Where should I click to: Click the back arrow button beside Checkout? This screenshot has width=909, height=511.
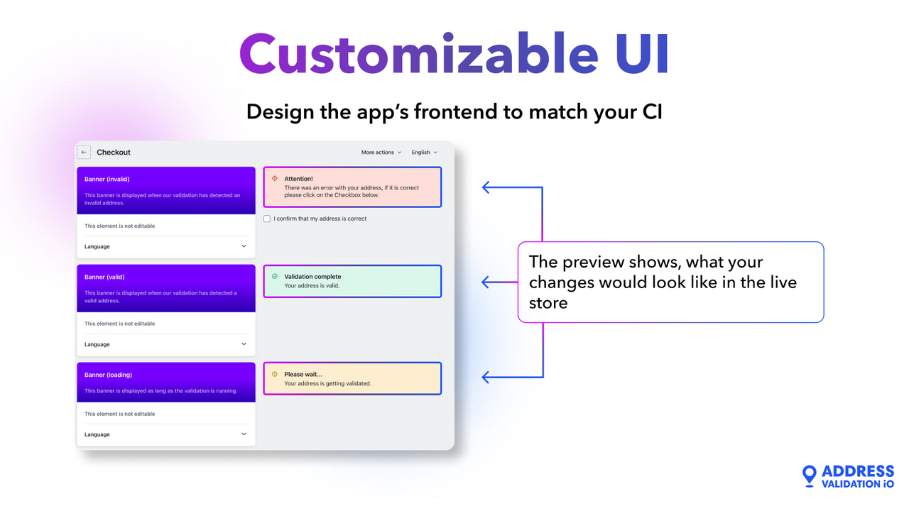click(x=84, y=152)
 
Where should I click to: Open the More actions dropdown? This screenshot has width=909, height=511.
click(x=381, y=153)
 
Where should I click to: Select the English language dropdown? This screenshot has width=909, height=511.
click(x=424, y=153)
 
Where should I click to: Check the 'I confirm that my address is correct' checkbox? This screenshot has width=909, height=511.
click(x=267, y=219)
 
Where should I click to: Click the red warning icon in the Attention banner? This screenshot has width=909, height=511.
click(x=275, y=179)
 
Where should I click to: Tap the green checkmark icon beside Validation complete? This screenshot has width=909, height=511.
click(x=275, y=277)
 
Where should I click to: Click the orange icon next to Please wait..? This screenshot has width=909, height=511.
click(x=275, y=374)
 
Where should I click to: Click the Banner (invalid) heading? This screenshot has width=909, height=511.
click(x=107, y=180)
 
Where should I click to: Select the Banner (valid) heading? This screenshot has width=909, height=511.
click(x=104, y=278)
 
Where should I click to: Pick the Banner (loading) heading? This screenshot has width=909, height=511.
click(x=108, y=375)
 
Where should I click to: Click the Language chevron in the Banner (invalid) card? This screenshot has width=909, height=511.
click(x=244, y=246)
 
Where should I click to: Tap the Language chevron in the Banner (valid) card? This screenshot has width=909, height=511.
click(x=244, y=344)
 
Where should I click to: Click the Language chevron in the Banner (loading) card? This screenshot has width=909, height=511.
click(x=244, y=434)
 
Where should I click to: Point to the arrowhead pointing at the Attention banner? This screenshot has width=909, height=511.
click(x=486, y=187)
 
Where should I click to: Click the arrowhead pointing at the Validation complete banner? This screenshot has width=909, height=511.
click(x=486, y=282)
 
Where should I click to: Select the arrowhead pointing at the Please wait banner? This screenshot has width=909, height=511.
click(x=486, y=378)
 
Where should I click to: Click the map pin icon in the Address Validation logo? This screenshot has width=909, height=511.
click(x=809, y=476)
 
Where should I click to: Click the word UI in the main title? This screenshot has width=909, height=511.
click(x=642, y=55)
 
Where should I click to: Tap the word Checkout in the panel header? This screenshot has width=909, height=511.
click(x=114, y=153)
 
